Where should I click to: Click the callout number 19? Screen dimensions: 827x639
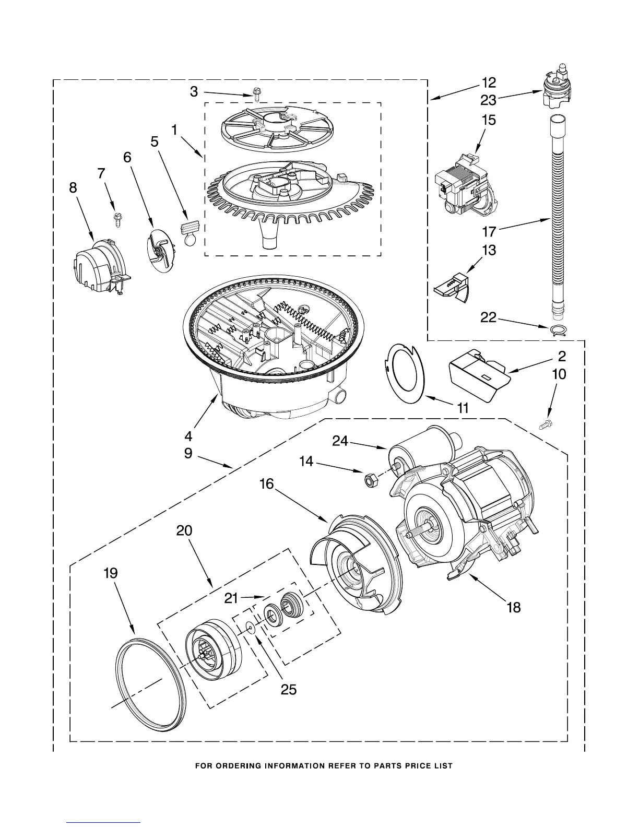tap(110, 573)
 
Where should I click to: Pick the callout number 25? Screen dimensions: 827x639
tap(288, 690)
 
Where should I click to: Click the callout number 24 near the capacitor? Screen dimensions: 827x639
tap(340, 441)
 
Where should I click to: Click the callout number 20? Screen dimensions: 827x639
tap(184, 531)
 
